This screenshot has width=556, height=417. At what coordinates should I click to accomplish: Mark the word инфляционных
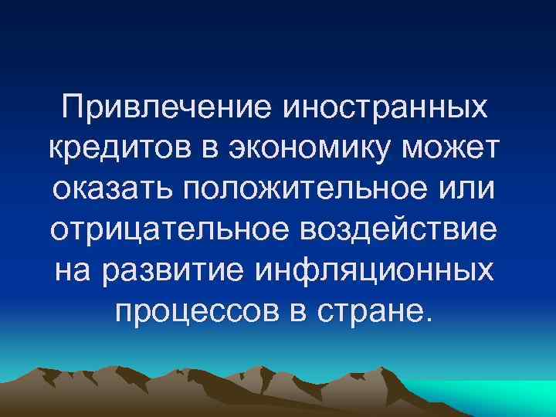click(x=381, y=271)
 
